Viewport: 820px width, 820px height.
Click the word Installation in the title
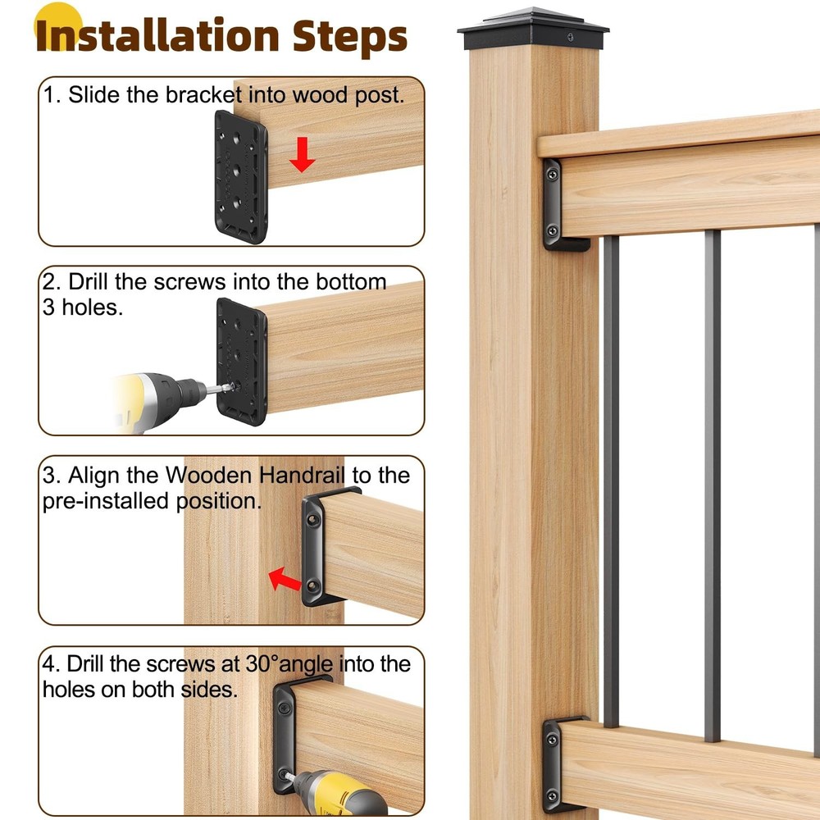tap(156, 36)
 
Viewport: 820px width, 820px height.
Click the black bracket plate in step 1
tap(241, 176)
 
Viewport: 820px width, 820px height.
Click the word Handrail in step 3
tap(306, 475)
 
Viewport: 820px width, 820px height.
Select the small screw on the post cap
tap(571, 38)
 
